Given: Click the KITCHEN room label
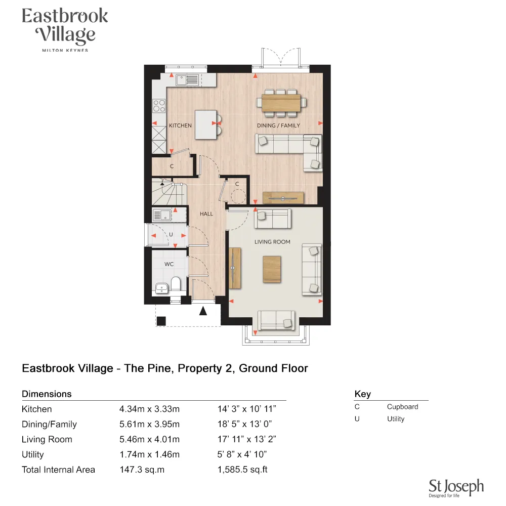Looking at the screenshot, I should [x=180, y=125].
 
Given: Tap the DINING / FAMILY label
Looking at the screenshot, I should [x=278, y=125].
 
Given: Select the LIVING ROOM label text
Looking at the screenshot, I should [x=272, y=242].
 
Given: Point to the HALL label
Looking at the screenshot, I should [x=206, y=214].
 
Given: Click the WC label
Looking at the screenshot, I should [x=168, y=264].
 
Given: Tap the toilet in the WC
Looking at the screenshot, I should [x=176, y=284].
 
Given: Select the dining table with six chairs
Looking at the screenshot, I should [x=281, y=101].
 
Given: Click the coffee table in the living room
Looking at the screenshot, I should [x=272, y=269].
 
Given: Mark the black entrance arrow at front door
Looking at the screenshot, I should [x=203, y=311].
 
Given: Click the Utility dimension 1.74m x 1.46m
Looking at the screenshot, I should [x=149, y=454].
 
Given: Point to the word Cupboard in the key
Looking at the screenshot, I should [x=402, y=406].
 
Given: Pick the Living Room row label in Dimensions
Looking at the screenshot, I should [x=47, y=439].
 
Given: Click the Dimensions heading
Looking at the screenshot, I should [x=47, y=394].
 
